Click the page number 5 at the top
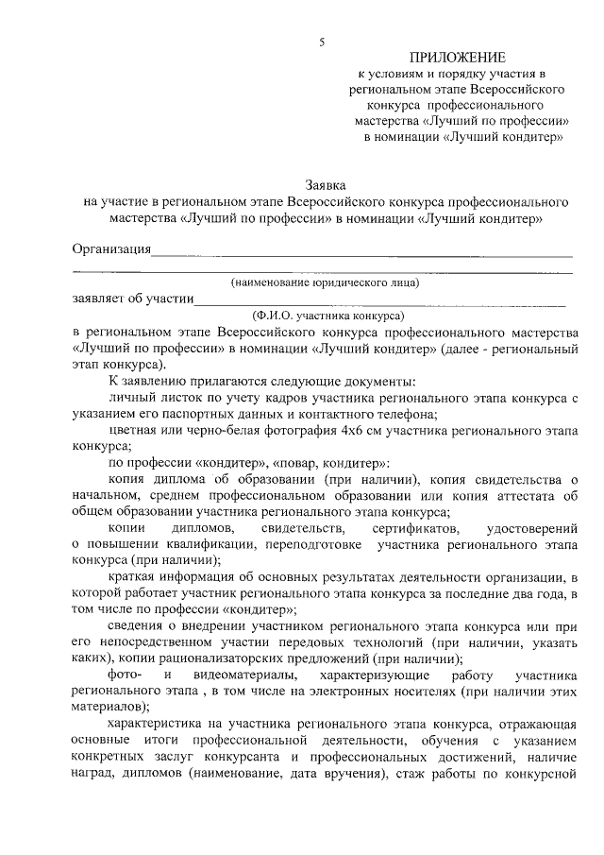pyautogui.click(x=322, y=42)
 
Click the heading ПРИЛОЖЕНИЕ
pyautogui.click(x=463, y=59)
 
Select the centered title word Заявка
pyautogui.click(x=326, y=185)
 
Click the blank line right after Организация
pyautogui.click(x=362, y=253)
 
